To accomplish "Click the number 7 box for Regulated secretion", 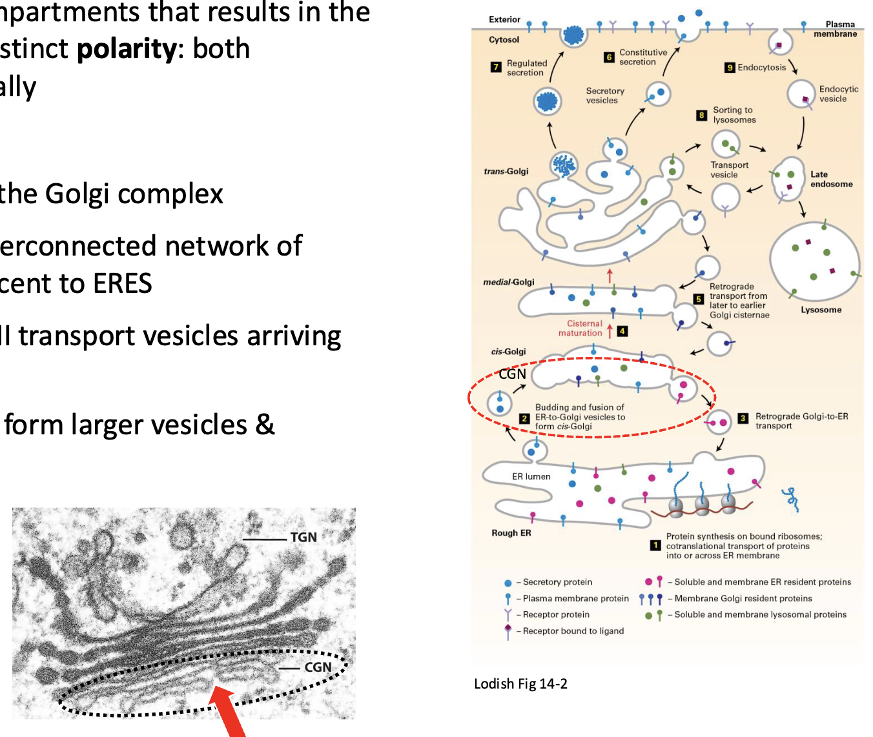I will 496,67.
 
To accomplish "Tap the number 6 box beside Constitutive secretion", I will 609,57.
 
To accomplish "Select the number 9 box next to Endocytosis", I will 730,68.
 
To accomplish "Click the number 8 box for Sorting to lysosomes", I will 702,116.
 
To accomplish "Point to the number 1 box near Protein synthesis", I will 655,546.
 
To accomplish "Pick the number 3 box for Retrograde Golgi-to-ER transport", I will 743,418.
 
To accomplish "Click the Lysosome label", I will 821,310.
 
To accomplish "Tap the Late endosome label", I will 831,179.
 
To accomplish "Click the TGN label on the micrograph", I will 303,538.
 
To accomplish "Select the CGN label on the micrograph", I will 318,667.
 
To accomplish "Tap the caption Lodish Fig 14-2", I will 520,683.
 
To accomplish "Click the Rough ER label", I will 511,533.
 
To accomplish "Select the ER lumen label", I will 531,476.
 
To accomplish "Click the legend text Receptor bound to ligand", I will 573,631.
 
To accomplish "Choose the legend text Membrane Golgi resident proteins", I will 743,598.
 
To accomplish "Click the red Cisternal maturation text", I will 580,328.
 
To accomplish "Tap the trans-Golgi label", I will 506,172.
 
